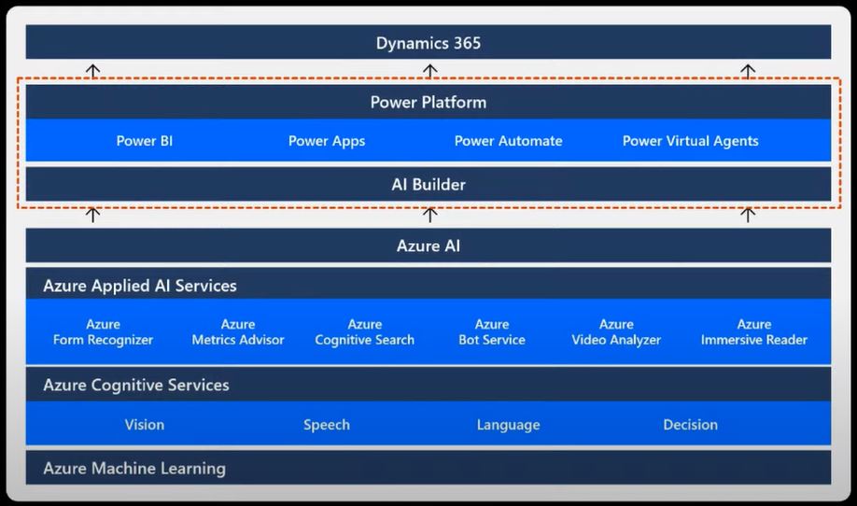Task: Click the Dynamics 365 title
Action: pyautogui.click(x=428, y=43)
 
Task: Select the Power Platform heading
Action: pyautogui.click(x=428, y=102)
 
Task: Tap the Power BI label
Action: pyautogui.click(x=145, y=141)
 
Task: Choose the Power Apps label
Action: pyautogui.click(x=327, y=141)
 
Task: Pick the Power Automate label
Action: pyautogui.click(x=508, y=141)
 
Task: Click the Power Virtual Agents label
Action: pyautogui.click(x=690, y=141)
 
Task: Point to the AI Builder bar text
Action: pyautogui.click(x=428, y=184)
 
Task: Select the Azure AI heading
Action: pyautogui.click(x=428, y=246)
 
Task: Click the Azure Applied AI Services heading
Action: pyautogui.click(x=140, y=286)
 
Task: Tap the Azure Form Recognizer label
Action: pyautogui.click(x=103, y=332)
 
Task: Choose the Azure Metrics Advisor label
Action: pyautogui.click(x=238, y=332)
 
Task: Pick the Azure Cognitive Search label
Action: pyautogui.click(x=364, y=332)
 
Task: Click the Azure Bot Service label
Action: pyautogui.click(x=492, y=332)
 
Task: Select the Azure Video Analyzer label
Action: pyautogui.click(x=616, y=332)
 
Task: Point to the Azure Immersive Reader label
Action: pyautogui.click(x=754, y=332)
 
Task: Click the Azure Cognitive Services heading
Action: pyautogui.click(x=136, y=385)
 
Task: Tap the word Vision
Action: pyautogui.click(x=145, y=425)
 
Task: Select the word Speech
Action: pyautogui.click(x=327, y=425)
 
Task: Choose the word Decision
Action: pyautogui.click(x=690, y=425)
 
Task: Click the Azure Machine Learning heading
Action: pyautogui.click(x=134, y=469)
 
